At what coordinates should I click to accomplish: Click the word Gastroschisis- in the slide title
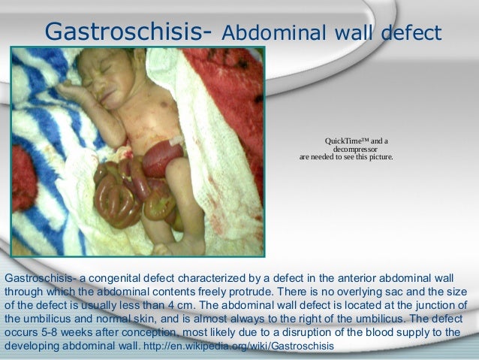click(131, 31)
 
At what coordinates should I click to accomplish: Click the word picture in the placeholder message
click(376, 159)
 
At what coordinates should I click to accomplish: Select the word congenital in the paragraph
click(119, 278)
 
